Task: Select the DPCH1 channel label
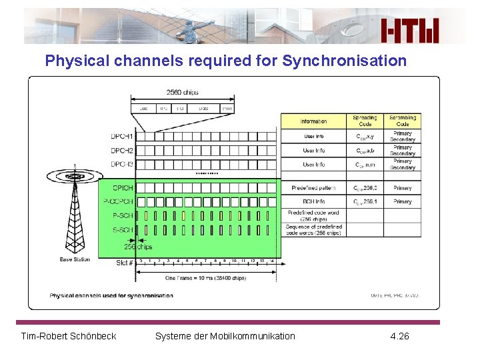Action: [x=122, y=137]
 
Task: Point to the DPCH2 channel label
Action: [x=122, y=151]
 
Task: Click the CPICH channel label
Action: [x=123, y=188]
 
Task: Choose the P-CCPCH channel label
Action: [x=119, y=201]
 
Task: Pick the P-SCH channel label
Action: [x=123, y=215]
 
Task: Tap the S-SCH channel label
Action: [x=123, y=229]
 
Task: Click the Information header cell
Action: [x=313, y=121]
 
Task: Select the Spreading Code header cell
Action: [x=365, y=121]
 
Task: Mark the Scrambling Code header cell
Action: [x=403, y=121]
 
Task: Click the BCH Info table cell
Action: [x=313, y=201]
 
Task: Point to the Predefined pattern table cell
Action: [x=313, y=188]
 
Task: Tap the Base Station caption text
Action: [x=75, y=259]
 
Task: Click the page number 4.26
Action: [x=399, y=336]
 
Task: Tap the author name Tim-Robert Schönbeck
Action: [x=69, y=336]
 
